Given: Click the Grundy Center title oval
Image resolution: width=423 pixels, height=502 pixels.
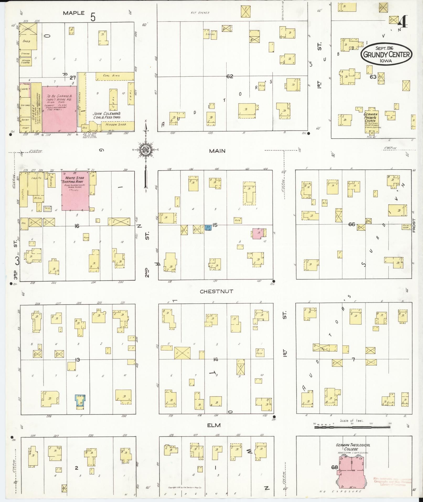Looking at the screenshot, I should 387,54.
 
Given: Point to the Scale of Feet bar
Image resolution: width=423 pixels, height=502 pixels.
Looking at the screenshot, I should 351,427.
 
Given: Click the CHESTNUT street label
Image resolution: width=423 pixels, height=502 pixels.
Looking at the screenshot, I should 216,291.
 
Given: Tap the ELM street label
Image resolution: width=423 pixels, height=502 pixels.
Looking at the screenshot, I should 214,425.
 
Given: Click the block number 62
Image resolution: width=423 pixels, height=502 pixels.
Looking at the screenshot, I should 230,76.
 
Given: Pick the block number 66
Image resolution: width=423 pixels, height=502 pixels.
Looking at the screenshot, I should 351,224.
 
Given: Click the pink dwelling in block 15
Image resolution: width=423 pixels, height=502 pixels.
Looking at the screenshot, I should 258,233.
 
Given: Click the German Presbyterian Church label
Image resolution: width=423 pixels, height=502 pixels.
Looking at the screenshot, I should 371,117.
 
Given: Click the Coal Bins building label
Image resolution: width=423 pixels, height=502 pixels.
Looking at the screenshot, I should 111,76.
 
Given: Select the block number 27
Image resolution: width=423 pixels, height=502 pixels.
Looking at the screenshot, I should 73,78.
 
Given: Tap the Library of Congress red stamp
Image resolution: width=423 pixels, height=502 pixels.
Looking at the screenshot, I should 393,482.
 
